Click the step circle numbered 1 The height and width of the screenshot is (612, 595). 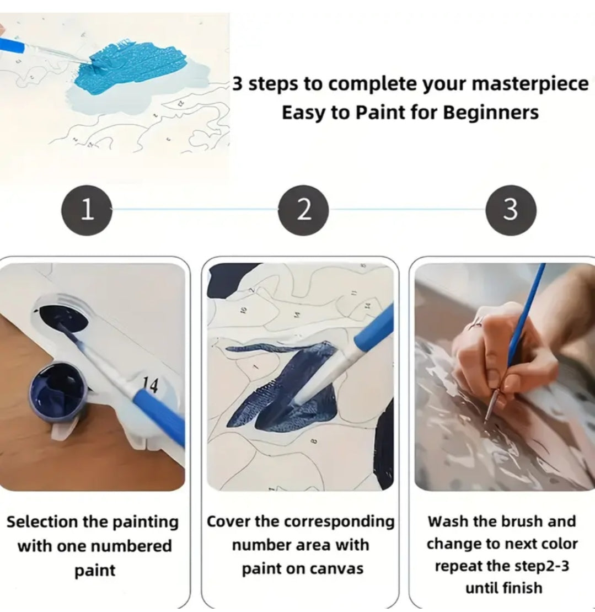click(87, 210)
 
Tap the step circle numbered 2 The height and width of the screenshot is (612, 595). click(303, 210)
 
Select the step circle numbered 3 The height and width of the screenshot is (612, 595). click(511, 210)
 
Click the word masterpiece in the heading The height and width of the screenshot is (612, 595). click(530, 84)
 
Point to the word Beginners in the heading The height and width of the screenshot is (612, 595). click(491, 113)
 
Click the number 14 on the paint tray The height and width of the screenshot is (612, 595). click(150, 385)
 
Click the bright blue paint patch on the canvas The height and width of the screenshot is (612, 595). click(128, 65)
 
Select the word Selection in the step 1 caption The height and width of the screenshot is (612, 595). click(42, 521)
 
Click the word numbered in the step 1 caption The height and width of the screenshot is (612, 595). click(135, 546)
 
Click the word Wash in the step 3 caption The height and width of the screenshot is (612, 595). click(445, 521)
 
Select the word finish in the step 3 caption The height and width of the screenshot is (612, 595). click(522, 587)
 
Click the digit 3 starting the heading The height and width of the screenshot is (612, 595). click(238, 83)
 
